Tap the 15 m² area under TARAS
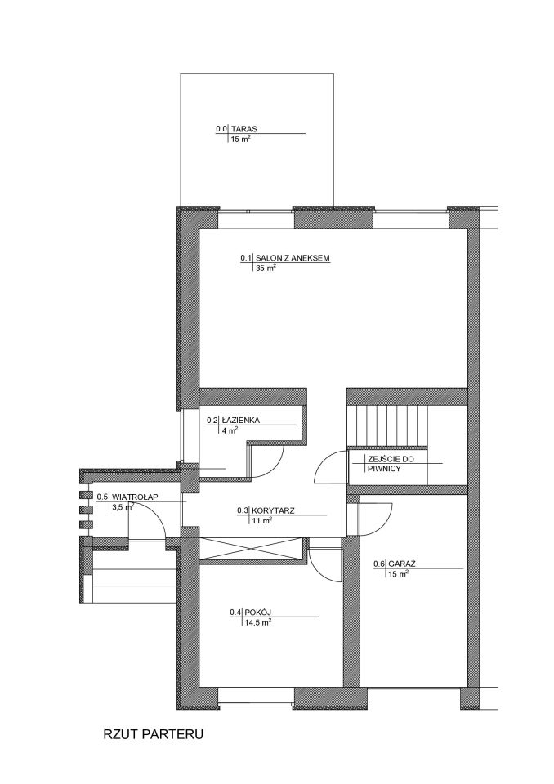(241, 140)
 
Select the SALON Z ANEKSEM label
(293, 258)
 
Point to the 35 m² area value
(266, 269)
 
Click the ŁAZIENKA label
(240, 421)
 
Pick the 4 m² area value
(230, 430)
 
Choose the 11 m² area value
(261, 521)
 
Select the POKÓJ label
(257, 612)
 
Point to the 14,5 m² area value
(257, 623)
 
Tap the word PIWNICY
(384, 469)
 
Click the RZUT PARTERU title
(153, 734)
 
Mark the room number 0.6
(379, 564)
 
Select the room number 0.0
(221, 129)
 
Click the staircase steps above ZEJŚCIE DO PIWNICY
(387, 425)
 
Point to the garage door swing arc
(385, 522)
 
